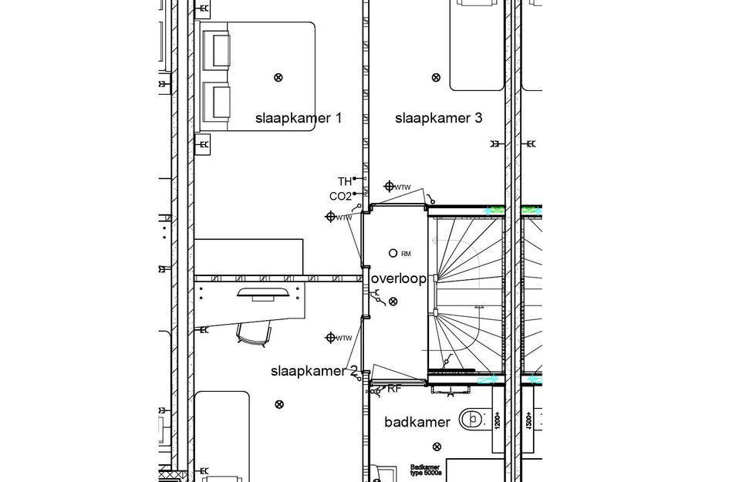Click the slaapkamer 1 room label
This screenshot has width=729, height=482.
click(x=298, y=118)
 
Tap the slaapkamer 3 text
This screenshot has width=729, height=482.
click(x=438, y=118)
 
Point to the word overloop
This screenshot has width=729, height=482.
click(x=398, y=278)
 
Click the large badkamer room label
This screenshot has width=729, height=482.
click(x=417, y=422)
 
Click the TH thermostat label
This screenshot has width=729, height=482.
click(x=344, y=181)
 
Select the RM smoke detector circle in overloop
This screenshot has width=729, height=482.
click(x=393, y=253)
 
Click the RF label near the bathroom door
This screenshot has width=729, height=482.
click(x=394, y=389)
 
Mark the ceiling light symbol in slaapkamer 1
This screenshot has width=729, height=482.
click(x=278, y=76)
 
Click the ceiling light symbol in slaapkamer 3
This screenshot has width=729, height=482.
click(x=436, y=77)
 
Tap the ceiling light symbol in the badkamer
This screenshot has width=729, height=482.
click(x=437, y=447)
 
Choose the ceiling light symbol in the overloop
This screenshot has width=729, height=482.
click(x=393, y=301)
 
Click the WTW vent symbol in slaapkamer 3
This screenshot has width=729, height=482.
click(x=390, y=187)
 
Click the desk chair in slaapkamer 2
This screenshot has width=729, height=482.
click(x=254, y=332)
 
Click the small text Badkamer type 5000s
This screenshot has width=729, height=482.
click(x=425, y=470)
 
